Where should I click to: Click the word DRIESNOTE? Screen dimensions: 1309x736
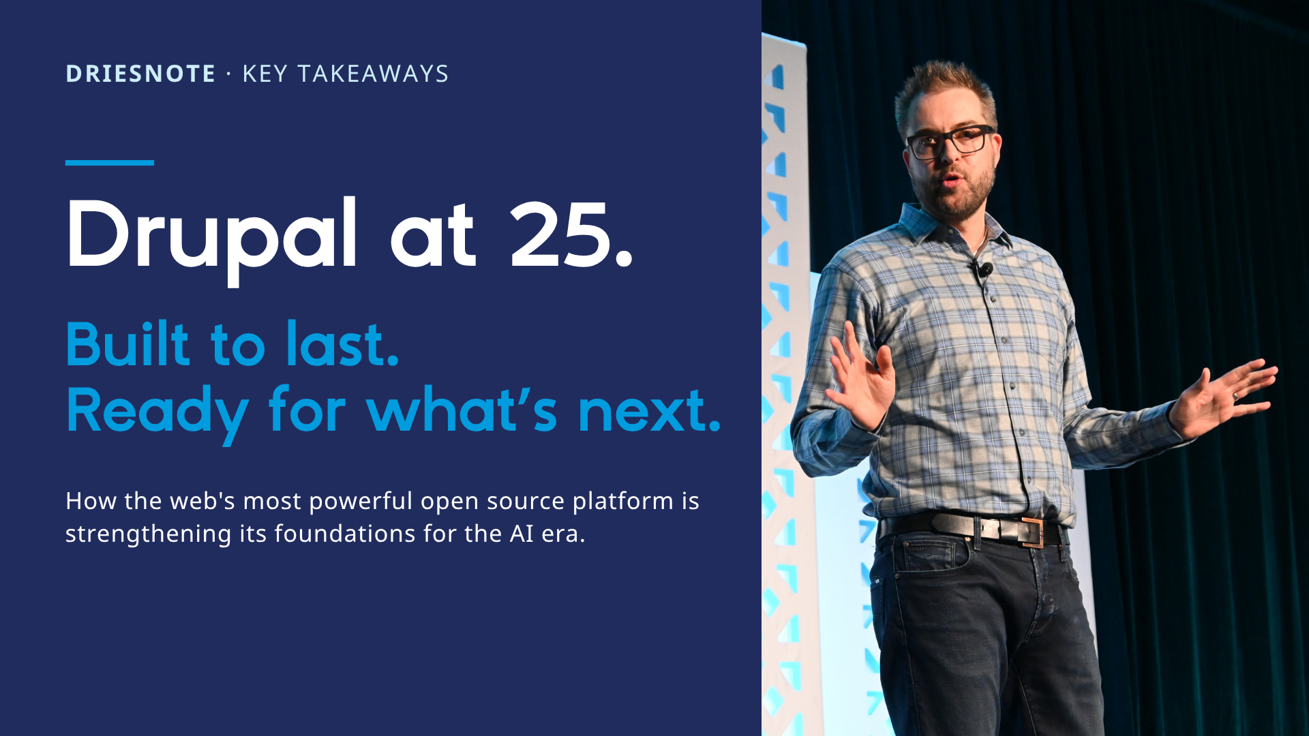point(140,74)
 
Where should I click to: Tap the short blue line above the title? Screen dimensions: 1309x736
point(110,163)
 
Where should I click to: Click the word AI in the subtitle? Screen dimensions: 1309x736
point(522,533)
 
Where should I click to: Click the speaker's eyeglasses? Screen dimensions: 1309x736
point(950,141)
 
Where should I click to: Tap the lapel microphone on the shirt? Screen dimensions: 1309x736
point(984,270)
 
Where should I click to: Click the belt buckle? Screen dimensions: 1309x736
point(1032,532)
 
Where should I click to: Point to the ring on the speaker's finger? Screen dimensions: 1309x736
point(1235,395)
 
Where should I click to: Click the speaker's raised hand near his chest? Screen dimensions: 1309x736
point(859,378)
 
